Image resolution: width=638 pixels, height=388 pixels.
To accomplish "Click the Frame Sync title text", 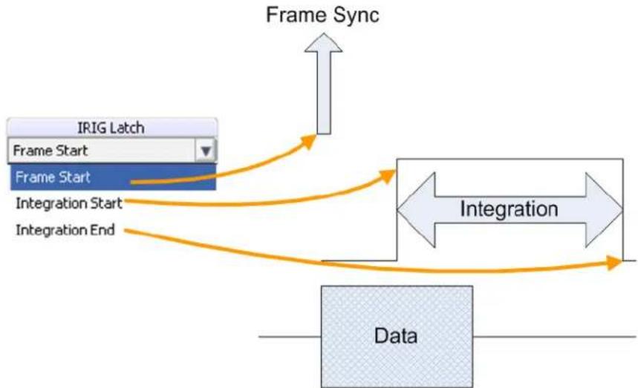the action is pyautogui.click(x=322, y=16).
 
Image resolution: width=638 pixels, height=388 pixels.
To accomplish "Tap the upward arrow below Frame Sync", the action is pyautogui.click(x=324, y=84).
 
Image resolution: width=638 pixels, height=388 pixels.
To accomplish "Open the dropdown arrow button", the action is pyautogui.click(x=206, y=151).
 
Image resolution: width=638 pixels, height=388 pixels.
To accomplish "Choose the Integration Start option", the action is pyautogui.click(x=69, y=203).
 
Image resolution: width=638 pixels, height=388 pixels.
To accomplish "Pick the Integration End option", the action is pyautogui.click(x=65, y=230).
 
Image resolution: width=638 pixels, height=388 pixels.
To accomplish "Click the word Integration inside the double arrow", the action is pyautogui.click(x=509, y=209).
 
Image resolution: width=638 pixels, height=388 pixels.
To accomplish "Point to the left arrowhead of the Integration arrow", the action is pyautogui.click(x=416, y=210).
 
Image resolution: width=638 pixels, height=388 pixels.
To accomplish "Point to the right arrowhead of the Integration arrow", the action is pyautogui.click(x=604, y=210).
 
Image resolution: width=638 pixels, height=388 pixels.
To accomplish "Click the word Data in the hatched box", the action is pyautogui.click(x=395, y=336).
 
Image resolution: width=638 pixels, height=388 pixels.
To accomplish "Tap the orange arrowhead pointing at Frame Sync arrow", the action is pyautogui.click(x=310, y=141).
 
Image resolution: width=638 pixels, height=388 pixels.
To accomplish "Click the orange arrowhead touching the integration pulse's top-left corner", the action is pyautogui.click(x=388, y=177).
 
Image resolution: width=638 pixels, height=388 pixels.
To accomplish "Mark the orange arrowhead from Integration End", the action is pyautogui.click(x=614, y=263).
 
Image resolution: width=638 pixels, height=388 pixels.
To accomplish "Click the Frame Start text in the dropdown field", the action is pyautogui.click(x=50, y=151).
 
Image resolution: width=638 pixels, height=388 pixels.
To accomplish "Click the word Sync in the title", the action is pyautogui.click(x=357, y=16).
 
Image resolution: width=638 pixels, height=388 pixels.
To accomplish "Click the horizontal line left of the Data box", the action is pyautogui.click(x=290, y=337).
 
